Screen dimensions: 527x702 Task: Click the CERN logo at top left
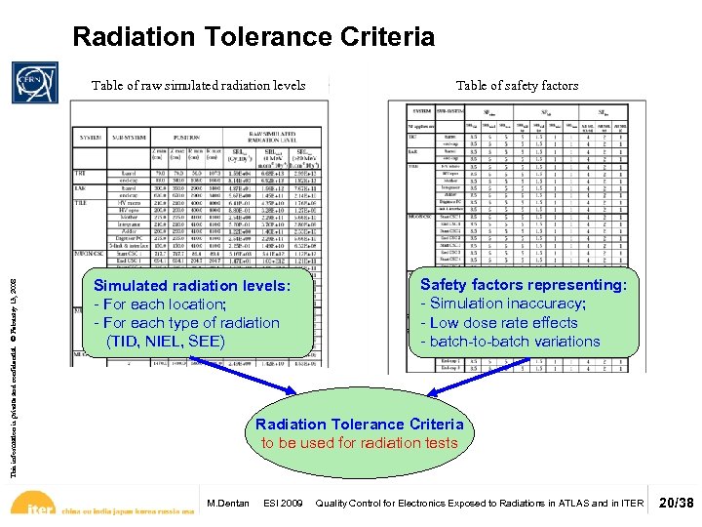pos(35,83)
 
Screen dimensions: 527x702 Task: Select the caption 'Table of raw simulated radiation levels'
pos(199,86)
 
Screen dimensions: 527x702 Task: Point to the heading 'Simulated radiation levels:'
pos(191,285)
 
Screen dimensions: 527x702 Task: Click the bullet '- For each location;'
pos(159,304)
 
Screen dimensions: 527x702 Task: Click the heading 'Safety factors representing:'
pos(524,285)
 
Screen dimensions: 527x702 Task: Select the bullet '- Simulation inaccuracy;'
pos(502,304)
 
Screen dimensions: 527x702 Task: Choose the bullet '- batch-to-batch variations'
pos(510,341)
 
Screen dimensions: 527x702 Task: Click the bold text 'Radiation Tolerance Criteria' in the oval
pos(360,425)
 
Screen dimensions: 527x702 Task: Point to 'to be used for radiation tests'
pos(360,443)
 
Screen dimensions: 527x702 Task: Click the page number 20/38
pos(676,503)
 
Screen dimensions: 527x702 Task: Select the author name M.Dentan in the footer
pos(228,504)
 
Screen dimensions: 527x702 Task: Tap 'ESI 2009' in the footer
pos(284,504)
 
